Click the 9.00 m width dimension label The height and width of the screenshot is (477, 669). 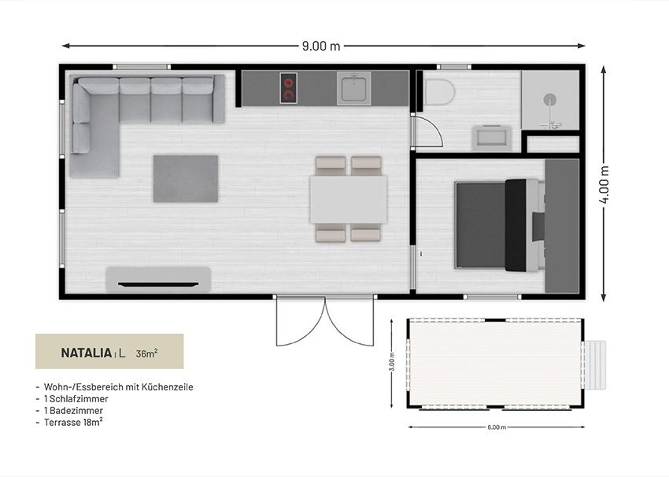321,46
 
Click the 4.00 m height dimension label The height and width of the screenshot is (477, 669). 604,184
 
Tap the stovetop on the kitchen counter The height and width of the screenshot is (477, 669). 288,88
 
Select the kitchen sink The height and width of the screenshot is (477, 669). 353,88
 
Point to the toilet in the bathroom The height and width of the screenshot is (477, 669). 439,92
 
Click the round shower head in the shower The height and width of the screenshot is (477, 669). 550,99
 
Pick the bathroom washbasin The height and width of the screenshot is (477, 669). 491,139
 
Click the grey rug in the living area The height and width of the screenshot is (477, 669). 186,179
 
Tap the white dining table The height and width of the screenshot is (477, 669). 349,200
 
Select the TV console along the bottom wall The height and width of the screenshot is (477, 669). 158,279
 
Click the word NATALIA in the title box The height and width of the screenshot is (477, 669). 87,353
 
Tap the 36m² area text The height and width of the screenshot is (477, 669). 146,353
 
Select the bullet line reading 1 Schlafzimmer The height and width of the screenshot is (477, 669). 72,399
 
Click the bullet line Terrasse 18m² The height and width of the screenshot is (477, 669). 69,423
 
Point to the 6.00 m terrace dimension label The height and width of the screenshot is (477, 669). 496,427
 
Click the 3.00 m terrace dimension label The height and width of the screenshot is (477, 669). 392,361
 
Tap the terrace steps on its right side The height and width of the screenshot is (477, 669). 595,364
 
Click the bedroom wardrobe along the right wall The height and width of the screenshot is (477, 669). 562,226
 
